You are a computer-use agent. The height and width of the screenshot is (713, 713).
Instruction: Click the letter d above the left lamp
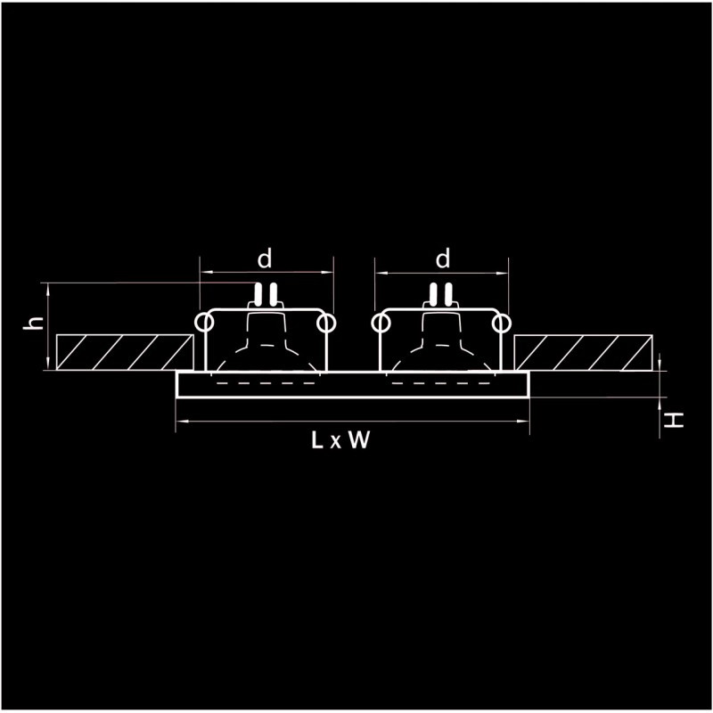(264, 258)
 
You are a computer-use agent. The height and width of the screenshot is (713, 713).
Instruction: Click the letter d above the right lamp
(442, 258)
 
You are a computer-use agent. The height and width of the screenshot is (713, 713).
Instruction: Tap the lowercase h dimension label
(34, 323)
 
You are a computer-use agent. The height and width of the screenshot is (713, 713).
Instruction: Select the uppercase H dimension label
(674, 420)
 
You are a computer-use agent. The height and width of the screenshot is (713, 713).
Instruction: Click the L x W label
(340, 439)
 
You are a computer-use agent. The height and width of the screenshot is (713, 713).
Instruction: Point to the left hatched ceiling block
(125, 352)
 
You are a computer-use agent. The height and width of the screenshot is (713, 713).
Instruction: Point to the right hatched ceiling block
(584, 353)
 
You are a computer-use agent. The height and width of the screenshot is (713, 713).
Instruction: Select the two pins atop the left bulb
(266, 294)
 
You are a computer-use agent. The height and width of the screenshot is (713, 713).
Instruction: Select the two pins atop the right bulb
(441, 294)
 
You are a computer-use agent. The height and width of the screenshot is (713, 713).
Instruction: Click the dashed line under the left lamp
(266, 383)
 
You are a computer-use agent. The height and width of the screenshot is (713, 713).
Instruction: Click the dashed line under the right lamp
(441, 383)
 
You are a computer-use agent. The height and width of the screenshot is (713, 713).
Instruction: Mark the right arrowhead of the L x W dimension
(523, 422)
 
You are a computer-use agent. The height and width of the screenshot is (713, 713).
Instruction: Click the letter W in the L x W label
(359, 439)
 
